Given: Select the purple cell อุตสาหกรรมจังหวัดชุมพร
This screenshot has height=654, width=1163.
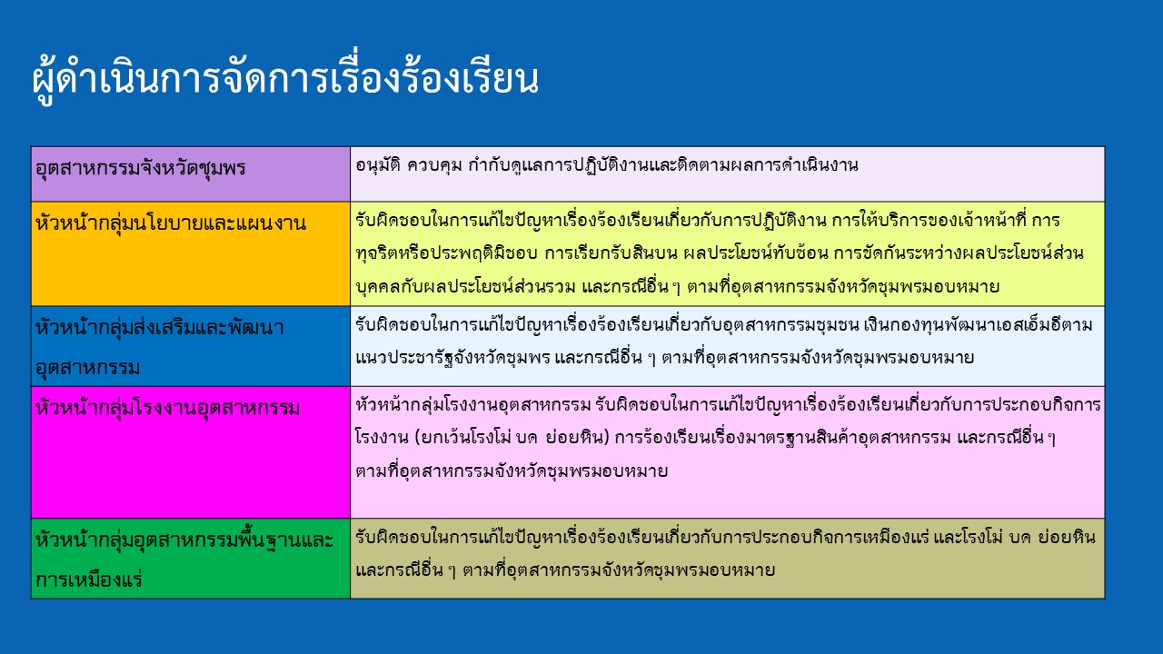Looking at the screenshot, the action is click(x=191, y=173).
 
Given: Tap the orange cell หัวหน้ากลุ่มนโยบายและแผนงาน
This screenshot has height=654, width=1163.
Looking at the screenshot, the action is click(x=191, y=253).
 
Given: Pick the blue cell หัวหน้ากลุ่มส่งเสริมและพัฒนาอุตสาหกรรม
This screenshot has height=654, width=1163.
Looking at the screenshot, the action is click(x=191, y=346).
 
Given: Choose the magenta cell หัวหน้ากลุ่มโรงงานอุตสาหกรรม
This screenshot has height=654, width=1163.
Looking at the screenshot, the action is click(x=191, y=452).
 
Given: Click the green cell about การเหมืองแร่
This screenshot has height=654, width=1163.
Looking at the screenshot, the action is click(x=191, y=559).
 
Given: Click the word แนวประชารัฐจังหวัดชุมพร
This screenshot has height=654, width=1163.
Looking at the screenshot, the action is click(x=452, y=358).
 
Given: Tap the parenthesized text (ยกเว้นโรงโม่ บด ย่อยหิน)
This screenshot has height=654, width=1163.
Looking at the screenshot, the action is click(x=512, y=438).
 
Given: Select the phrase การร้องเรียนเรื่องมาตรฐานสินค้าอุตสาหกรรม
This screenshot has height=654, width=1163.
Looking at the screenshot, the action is click(x=783, y=438).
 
